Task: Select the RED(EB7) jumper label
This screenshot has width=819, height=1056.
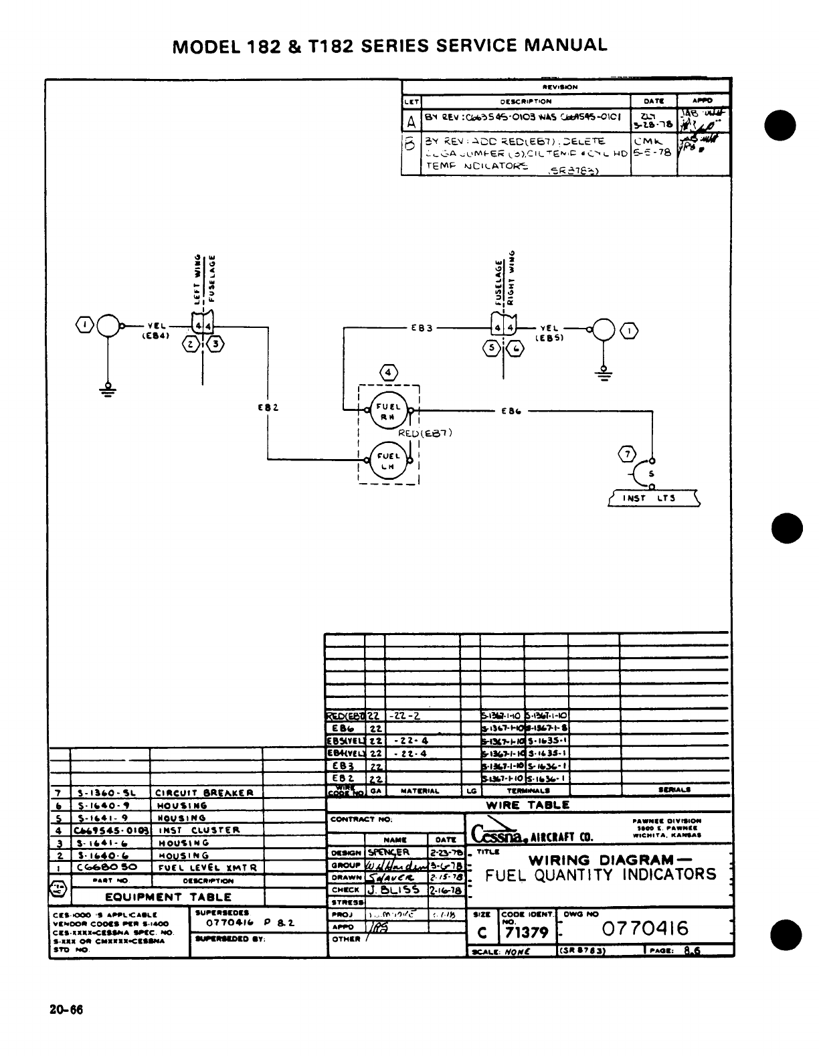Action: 426,432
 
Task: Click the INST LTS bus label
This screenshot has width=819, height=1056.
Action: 653,498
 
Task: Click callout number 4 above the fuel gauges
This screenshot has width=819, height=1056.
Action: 388,371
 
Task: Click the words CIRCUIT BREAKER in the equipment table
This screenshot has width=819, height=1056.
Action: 204,793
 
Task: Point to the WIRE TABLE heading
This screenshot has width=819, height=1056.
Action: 527,805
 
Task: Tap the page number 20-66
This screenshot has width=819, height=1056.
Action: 66,1010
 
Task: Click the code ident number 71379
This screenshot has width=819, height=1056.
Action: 527,933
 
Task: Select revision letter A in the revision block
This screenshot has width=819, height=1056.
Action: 411,122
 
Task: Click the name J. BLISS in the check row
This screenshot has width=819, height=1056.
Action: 394,889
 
